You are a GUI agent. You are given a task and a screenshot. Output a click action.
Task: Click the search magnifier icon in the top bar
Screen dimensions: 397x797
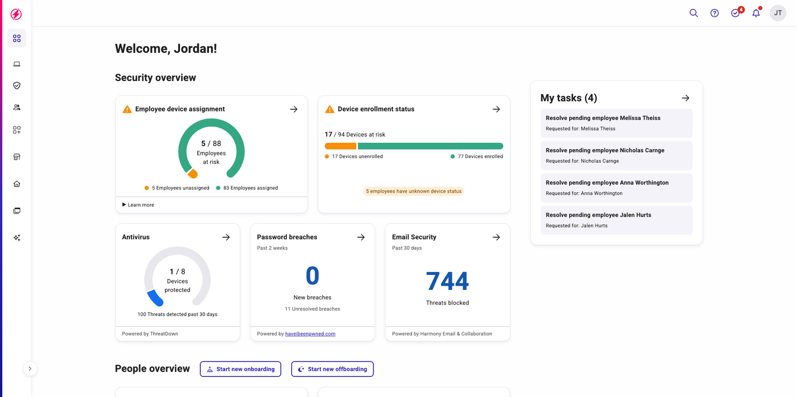pyautogui.click(x=693, y=13)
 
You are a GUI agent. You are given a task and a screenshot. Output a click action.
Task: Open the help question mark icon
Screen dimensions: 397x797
pyautogui.click(x=715, y=13)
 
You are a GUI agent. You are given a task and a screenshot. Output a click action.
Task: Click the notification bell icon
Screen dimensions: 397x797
pyautogui.click(x=756, y=13)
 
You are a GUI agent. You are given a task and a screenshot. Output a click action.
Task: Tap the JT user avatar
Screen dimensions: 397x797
pyautogui.click(x=778, y=13)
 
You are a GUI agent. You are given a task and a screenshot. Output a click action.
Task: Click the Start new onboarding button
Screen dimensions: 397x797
pyautogui.click(x=241, y=369)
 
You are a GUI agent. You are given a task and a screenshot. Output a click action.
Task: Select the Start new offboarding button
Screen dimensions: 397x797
pyautogui.click(x=332, y=369)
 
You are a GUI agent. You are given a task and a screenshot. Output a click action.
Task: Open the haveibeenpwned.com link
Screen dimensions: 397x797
pyautogui.click(x=310, y=334)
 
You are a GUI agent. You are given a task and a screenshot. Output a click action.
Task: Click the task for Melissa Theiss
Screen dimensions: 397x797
pyautogui.click(x=616, y=123)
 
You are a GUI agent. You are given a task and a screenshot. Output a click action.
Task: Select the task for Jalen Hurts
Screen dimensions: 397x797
pyautogui.click(x=616, y=220)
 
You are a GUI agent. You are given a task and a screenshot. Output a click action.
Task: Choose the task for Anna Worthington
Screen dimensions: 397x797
pyautogui.click(x=616, y=188)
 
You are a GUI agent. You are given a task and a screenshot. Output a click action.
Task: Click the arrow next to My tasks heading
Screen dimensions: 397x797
pyautogui.click(x=685, y=98)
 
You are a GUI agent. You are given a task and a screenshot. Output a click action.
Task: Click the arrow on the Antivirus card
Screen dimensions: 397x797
pyautogui.click(x=226, y=237)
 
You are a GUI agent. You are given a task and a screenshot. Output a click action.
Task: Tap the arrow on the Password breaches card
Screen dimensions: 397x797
pyautogui.click(x=361, y=237)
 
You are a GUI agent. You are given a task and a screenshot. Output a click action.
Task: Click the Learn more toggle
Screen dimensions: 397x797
pyautogui.click(x=138, y=205)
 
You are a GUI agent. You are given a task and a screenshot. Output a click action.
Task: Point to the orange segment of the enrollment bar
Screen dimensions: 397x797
pyautogui.click(x=340, y=146)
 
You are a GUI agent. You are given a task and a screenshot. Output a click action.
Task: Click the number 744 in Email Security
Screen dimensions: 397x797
pyautogui.click(x=447, y=281)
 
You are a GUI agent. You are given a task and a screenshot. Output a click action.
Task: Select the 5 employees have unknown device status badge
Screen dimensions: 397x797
pyautogui.click(x=413, y=191)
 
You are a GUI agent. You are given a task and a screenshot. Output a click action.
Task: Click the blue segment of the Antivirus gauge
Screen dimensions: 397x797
pyautogui.click(x=155, y=298)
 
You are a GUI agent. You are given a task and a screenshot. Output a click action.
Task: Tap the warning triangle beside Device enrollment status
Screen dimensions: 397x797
pyautogui.click(x=330, y=109)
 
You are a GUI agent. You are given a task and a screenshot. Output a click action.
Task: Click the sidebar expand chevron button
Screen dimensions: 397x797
pyautogui.click(x=30, y=368)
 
